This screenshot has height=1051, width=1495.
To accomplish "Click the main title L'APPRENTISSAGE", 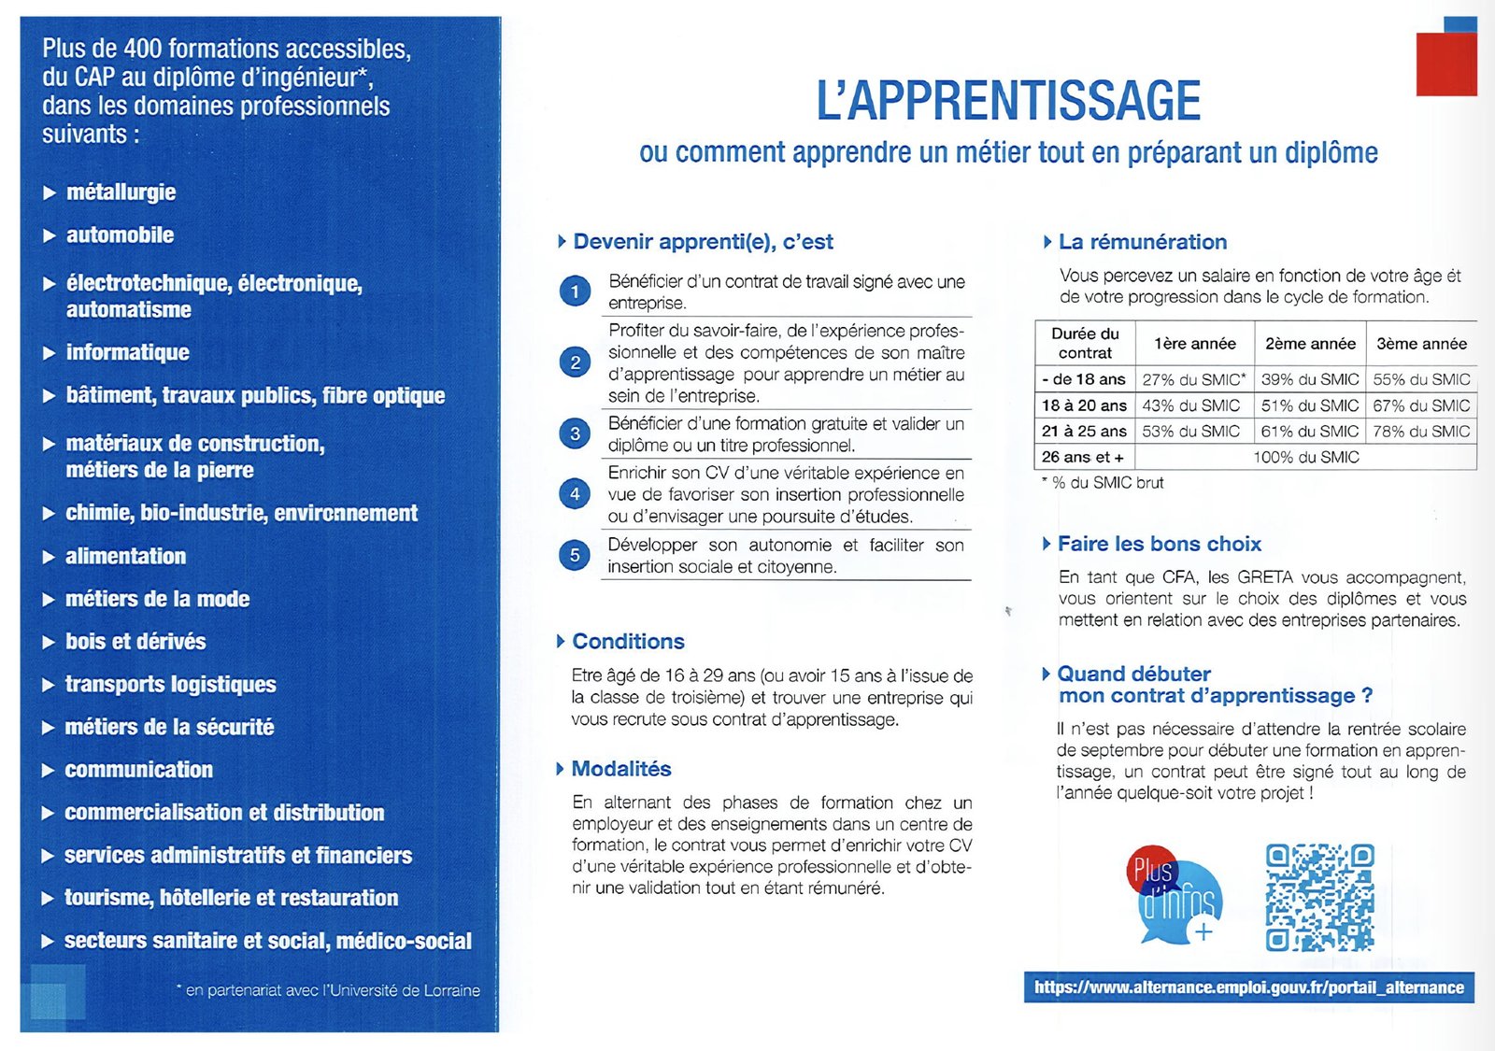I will coord(1008,101).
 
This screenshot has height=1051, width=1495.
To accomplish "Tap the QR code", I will coord(1319,897).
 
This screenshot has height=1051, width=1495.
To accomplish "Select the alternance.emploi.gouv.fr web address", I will coord(1248,987).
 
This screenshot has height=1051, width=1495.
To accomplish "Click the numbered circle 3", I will coord(575,433).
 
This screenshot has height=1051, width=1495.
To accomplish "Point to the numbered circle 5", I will coord(575,555).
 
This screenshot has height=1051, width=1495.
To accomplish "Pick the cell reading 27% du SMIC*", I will coord(1193,379).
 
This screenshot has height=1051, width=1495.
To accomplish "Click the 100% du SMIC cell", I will coord(1305,457).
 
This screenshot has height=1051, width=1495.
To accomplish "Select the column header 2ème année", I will coord(1310,344).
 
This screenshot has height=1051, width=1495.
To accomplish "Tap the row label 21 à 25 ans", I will coord(1084,431).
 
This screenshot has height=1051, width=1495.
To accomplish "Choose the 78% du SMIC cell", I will coord(1421,431).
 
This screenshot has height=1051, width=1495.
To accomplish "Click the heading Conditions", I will coord(628,641).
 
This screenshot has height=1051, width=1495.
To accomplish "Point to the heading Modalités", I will coord(621,769).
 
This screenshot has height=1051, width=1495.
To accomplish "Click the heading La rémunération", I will coord(1142,242).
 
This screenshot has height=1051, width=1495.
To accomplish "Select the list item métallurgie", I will coord(121,192).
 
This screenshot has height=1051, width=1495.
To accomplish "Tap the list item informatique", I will coord(127,352).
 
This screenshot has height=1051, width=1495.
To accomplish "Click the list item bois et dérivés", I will coord(135,642).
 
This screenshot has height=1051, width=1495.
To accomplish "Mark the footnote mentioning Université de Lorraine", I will coord(332,990).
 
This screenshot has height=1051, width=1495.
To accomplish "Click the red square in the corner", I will coord(1445,64).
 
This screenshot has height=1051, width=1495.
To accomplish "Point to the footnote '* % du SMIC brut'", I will coord(1103,483).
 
